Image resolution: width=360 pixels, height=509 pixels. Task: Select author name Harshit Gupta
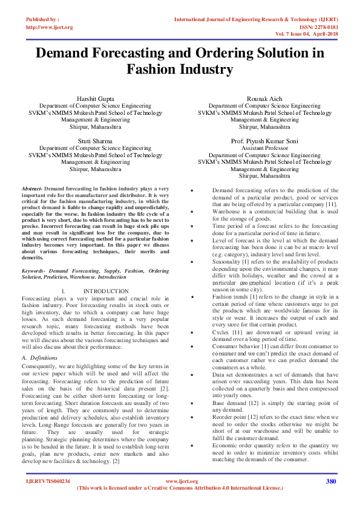[x=96, y=99]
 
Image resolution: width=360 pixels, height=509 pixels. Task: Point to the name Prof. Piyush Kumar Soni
[x=264, y=141]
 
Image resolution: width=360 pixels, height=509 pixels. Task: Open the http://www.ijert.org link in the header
[x=50, y=28]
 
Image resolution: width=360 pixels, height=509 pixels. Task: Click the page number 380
[x=330, y=481]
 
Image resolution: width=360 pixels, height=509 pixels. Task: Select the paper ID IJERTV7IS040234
[x=48, y=482]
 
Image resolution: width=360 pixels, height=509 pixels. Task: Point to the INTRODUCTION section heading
[x=106, y=291]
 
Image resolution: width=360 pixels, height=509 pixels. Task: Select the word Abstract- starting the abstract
[x=32, y=189]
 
